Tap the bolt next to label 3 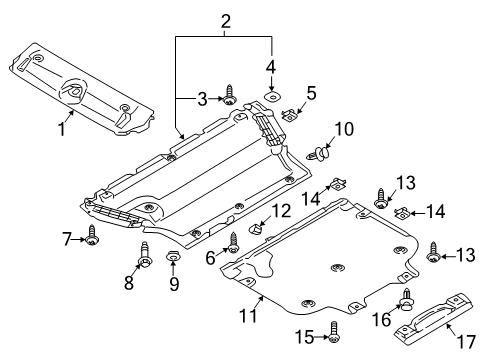231,96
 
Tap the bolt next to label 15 333,338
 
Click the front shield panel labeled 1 80,85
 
